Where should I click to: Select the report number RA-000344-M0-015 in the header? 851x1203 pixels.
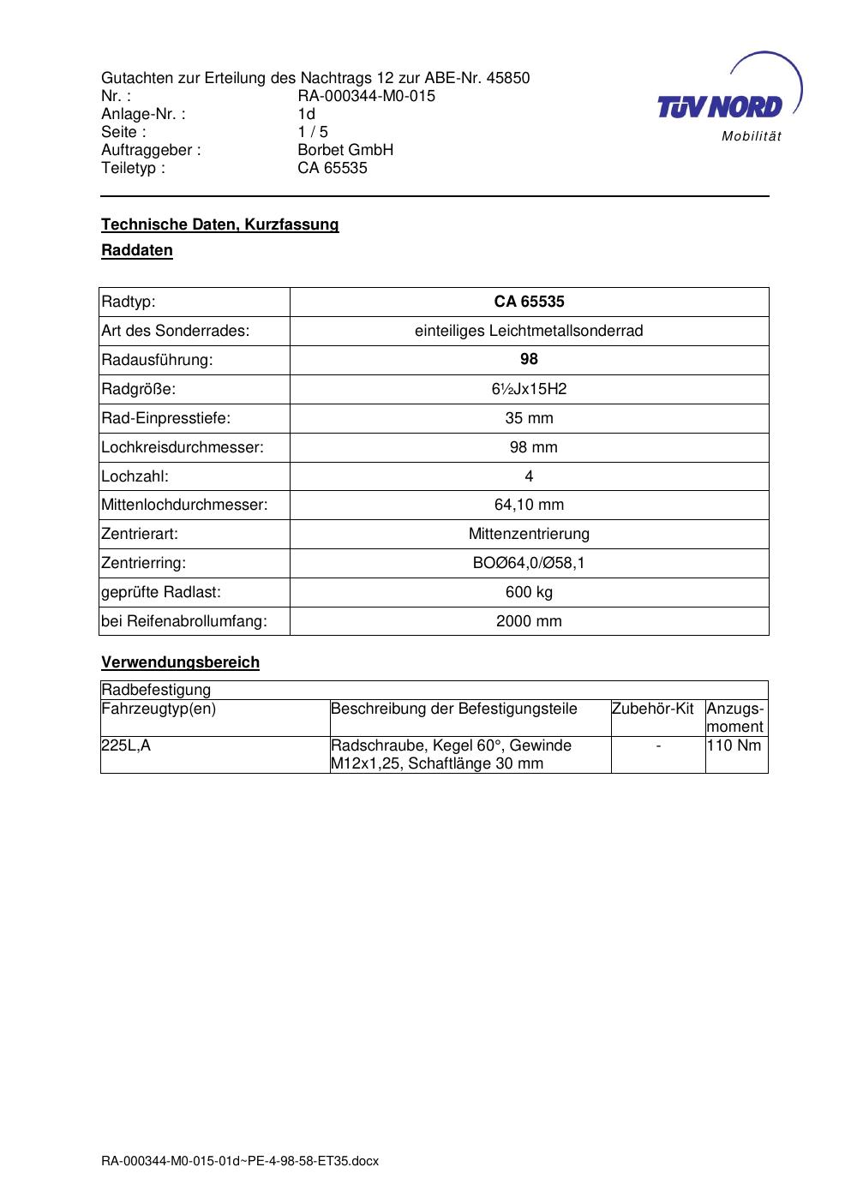tap(366, 96)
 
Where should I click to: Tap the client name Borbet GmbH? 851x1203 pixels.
tap(345, 150)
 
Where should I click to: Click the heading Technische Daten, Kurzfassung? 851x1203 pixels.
tap(220, 224)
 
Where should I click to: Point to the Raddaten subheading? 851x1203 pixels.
tap(137, 251)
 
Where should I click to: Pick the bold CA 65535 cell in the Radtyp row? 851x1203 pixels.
tap(529, 302)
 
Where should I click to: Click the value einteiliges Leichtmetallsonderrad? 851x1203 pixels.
tap(529, 331)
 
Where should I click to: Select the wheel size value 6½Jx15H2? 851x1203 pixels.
tap(529, 389)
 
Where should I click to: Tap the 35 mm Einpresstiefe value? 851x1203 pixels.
tap(529, 418)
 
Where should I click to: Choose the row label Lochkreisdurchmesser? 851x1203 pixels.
tap(183, 447)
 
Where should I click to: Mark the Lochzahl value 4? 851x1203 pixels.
tap(529, 476)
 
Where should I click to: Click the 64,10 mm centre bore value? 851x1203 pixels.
tap(529, 506)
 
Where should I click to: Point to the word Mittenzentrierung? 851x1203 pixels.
tap(529, 535)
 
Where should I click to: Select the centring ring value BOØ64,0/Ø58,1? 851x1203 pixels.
tap(529, 564)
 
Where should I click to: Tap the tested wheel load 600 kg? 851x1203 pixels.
tap(529, 593)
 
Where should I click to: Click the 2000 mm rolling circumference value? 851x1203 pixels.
tap(529, 622)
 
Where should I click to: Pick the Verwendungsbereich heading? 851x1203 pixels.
tap(180, 662)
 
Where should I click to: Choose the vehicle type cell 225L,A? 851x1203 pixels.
tap(126, 745)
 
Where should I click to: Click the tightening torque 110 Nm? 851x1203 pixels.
tap(734, 745)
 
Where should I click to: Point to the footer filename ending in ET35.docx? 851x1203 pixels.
tap(240, 1162)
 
